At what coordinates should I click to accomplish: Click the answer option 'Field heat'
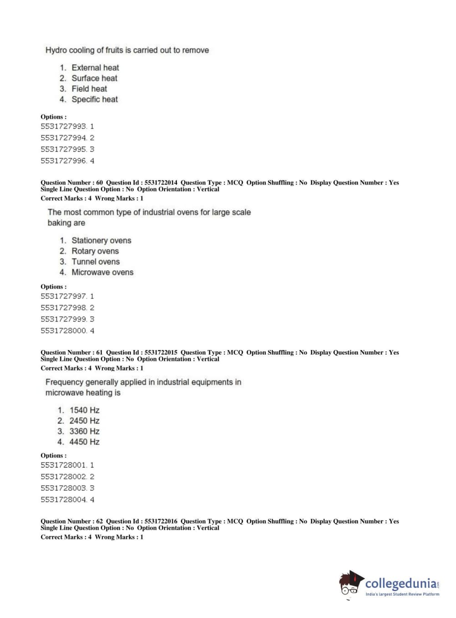point(89,89)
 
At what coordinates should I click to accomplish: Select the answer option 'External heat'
point(95,67)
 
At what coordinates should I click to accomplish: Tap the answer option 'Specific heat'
point(94,99)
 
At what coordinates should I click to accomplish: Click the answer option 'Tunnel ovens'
point(95,262)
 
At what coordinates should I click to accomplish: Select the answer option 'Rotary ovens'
point(95,251)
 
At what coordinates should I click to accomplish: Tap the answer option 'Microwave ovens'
point(102,273)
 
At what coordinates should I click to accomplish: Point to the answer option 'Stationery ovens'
point(101,241)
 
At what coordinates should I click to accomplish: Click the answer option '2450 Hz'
point(84,421)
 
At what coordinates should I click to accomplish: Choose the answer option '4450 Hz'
point(84,442)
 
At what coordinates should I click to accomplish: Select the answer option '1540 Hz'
point(84,410)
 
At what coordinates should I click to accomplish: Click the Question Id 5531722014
point(161,183)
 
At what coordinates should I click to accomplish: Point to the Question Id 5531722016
point(161,521)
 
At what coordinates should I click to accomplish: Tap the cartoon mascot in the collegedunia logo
point(350,583)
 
